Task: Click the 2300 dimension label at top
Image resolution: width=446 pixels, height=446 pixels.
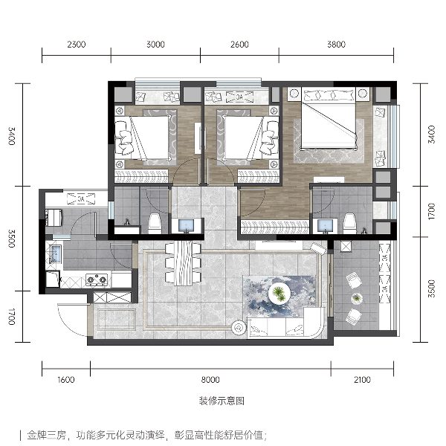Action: tap(77, 45)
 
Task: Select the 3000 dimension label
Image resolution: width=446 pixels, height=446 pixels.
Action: tap(155, 45)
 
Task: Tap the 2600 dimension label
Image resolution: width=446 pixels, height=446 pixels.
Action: tap(239, 45)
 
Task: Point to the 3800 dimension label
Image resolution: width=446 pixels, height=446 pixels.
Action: tap(336, 45)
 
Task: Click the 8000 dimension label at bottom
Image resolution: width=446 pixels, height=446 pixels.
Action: tap(210, 380)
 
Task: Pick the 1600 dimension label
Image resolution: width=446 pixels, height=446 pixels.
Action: tap(65, 380)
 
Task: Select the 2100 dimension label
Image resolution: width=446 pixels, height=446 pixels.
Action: tap(362, 380)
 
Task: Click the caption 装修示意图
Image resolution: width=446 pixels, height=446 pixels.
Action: tap(222, 401)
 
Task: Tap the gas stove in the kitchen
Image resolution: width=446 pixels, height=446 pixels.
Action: tap(97, 279)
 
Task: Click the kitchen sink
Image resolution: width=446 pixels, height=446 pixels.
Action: tap(55, 253)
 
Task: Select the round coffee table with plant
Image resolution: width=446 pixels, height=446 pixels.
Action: tap(279, 294)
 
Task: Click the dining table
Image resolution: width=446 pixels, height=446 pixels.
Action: tap(184, 263)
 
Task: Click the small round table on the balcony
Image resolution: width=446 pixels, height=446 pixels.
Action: tap(356, 298)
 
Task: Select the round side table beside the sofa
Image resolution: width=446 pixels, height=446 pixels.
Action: tap(239, 328)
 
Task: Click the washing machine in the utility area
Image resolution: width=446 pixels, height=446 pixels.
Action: tap(54, 217)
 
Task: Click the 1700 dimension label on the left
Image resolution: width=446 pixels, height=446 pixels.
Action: tap(12, 317)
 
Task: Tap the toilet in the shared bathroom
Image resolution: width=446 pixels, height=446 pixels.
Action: tap(155, 223)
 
